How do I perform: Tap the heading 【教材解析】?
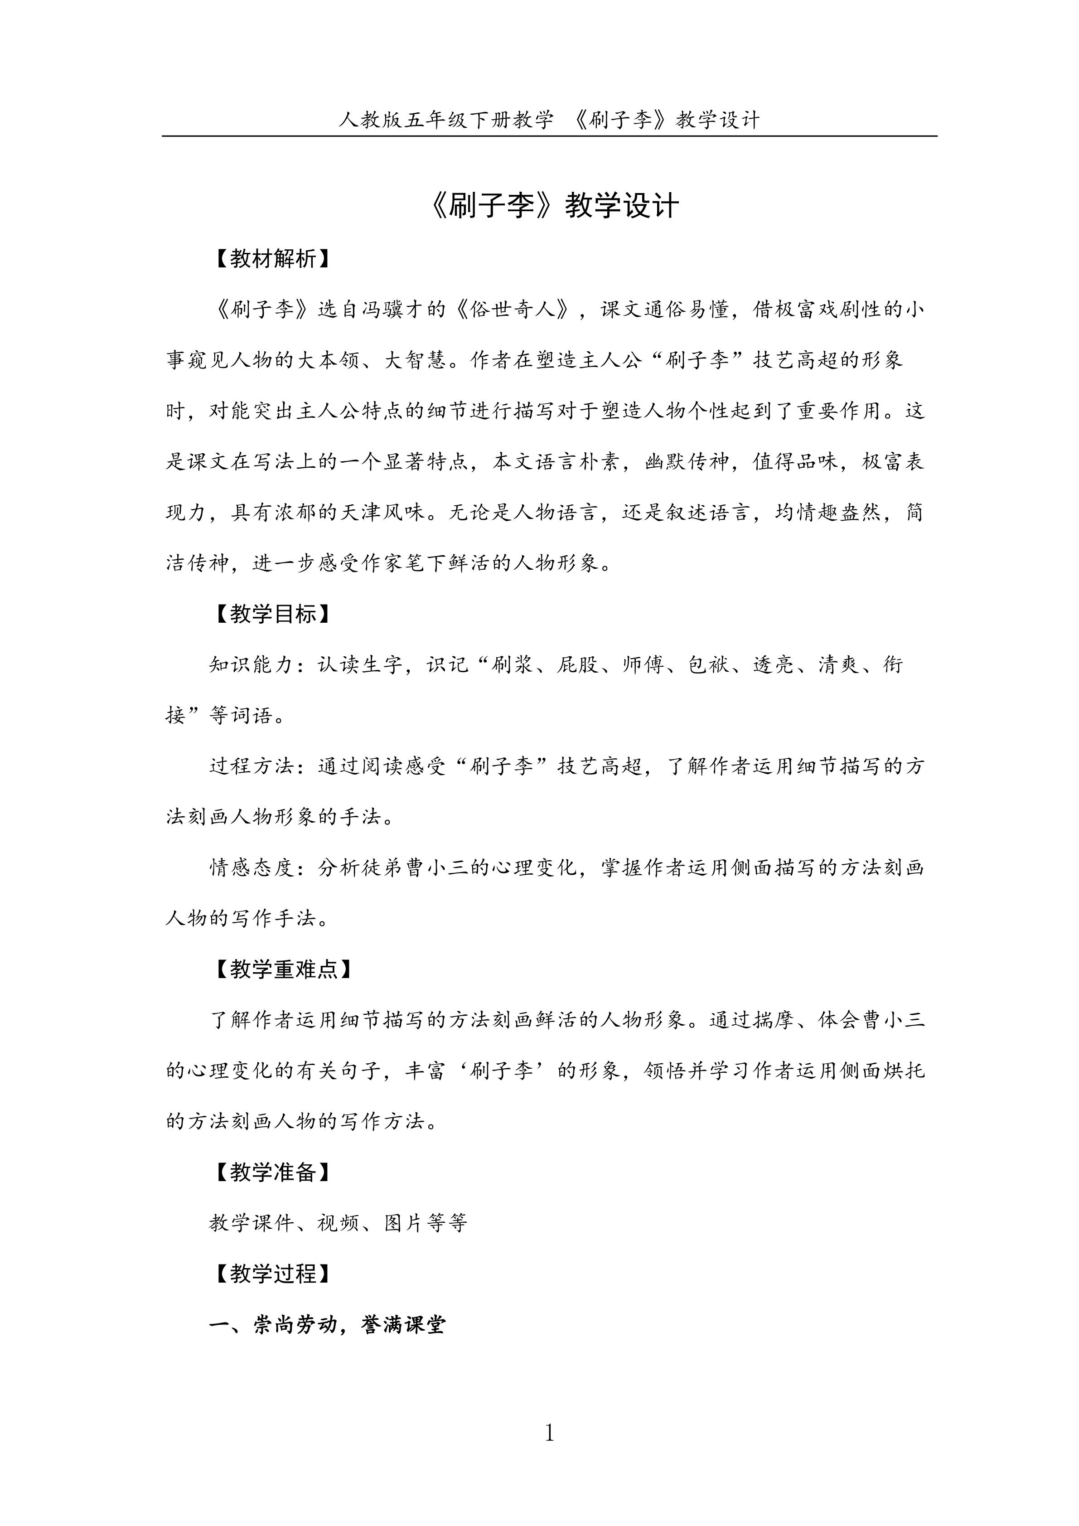coord(272,259)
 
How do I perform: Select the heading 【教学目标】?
coord(272,614)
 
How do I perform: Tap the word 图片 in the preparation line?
coord(403,1223)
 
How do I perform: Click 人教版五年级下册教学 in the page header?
coord(446,120)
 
